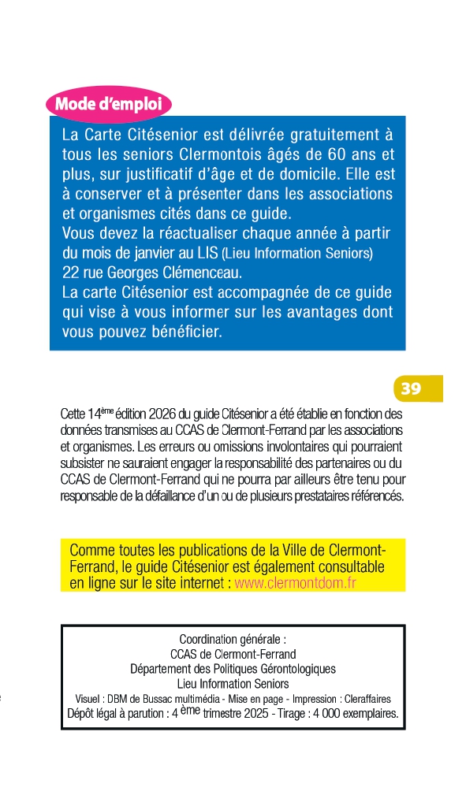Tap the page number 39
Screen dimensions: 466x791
[410, 388]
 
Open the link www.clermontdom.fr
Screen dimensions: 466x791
[296, 584]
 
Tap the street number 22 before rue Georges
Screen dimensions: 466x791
[70, 273]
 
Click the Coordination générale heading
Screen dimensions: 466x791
[233, 639]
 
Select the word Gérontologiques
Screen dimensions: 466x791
[292, 669]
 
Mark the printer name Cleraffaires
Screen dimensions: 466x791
[363, 699]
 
